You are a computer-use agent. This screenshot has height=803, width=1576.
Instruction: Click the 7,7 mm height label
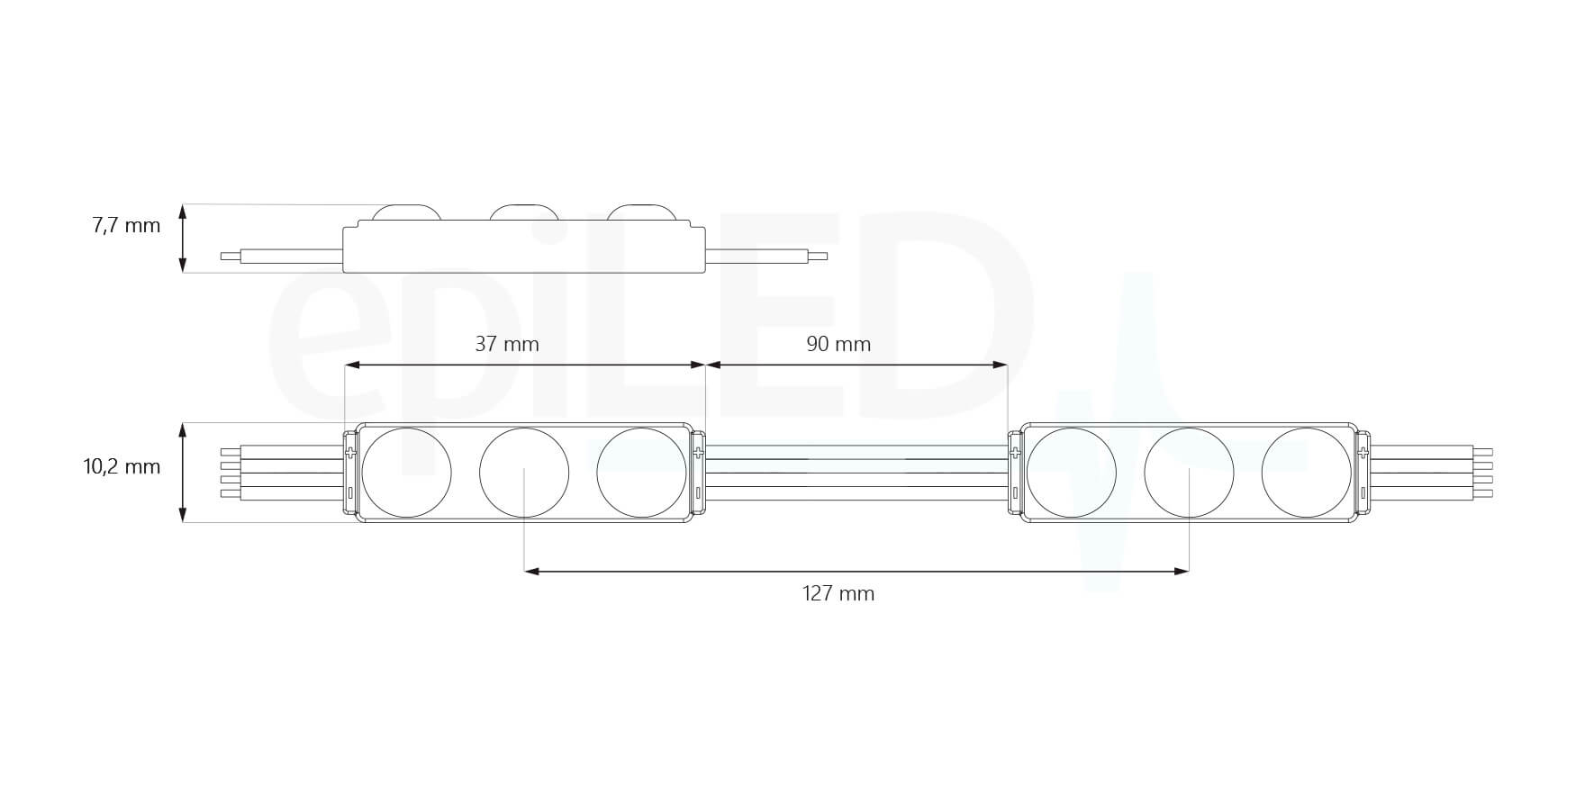[x=126, y=225]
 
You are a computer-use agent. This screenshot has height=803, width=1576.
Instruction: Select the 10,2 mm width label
[x=122, y=466]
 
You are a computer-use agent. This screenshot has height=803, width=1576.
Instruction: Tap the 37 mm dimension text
[x=507, y=344]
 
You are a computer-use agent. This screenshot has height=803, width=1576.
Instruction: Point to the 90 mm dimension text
[x=838, y=344]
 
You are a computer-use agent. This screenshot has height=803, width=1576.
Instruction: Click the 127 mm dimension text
[x=838, y=593]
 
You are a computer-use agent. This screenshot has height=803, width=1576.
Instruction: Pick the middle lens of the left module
[x=524, y=473]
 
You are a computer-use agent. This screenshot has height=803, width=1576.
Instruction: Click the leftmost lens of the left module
[x=406, y=473]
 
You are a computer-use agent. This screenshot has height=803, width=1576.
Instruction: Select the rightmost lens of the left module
[x=641, y=473]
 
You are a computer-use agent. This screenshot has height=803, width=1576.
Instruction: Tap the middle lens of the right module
[x=1189, y=473]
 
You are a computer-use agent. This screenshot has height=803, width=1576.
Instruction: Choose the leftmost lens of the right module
[x=1072, y=473]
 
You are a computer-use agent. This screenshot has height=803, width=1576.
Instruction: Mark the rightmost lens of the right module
[x=1306, y=473]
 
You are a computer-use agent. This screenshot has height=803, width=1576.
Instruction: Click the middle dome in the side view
[x=523, y=212]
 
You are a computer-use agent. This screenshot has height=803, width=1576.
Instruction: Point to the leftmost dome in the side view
[x=406, y=212]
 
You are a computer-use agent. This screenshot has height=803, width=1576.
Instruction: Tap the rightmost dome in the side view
[x=640, y=212]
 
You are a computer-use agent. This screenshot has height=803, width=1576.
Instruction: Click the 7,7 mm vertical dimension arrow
[x=183, y=238]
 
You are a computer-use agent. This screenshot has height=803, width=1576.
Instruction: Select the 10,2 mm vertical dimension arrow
[x=183, y=473]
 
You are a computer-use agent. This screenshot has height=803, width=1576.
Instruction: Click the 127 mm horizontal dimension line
[x=856, y=571]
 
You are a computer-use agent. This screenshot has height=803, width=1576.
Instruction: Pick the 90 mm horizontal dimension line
[x=856, y=365]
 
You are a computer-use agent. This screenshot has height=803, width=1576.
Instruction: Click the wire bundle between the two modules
[x=856, y=473]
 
